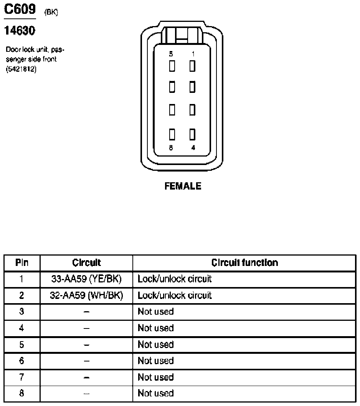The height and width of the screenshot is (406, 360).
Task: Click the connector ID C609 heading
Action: [20, 9]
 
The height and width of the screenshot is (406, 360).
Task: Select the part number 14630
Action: [20, 30]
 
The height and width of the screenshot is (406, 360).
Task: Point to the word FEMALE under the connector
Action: [183, 186]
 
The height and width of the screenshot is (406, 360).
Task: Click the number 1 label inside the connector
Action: [193, 54]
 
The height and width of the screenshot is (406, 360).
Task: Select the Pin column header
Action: [22, 263]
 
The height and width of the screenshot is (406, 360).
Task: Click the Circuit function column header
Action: [244, 263]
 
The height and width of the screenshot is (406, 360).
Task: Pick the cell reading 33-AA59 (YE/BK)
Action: [86, 279]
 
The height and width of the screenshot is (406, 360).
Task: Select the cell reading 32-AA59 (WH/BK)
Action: [86, 295]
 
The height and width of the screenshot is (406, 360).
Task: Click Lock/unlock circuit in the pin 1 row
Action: [175, 279]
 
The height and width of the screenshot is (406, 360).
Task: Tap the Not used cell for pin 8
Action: [155, 393]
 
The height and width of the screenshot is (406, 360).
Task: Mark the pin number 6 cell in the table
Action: [22, 361]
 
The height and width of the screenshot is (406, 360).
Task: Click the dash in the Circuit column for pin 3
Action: [86, 312]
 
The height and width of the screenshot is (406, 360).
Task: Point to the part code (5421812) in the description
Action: [21, 71]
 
